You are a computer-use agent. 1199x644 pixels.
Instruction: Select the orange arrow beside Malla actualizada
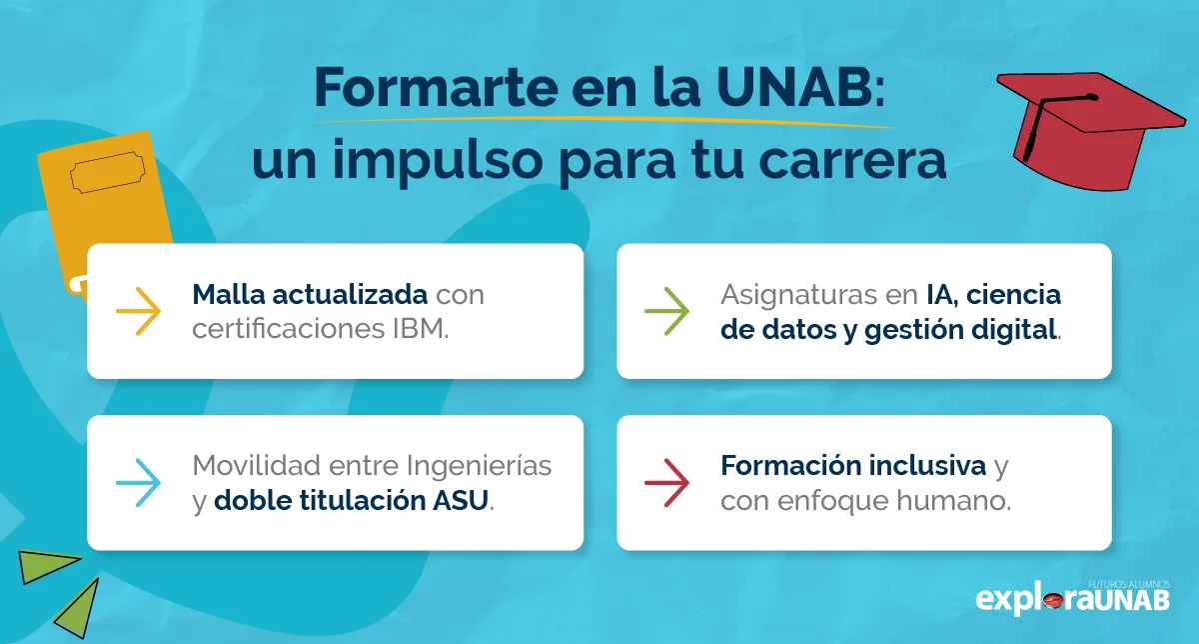click(x=138, y=311)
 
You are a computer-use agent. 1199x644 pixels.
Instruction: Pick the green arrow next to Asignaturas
click(x=666, y=311)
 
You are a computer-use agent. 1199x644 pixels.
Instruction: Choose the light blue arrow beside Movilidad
click(x=138, y=483)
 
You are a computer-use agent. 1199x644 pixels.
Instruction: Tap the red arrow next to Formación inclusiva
click(x=666, y=483)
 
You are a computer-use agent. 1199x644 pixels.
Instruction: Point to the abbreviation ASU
click(x=466, y=500)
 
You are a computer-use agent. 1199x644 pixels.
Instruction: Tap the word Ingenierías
click(x=479, y=466)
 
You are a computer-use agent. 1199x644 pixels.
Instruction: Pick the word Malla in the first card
click(x=224, y=295)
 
